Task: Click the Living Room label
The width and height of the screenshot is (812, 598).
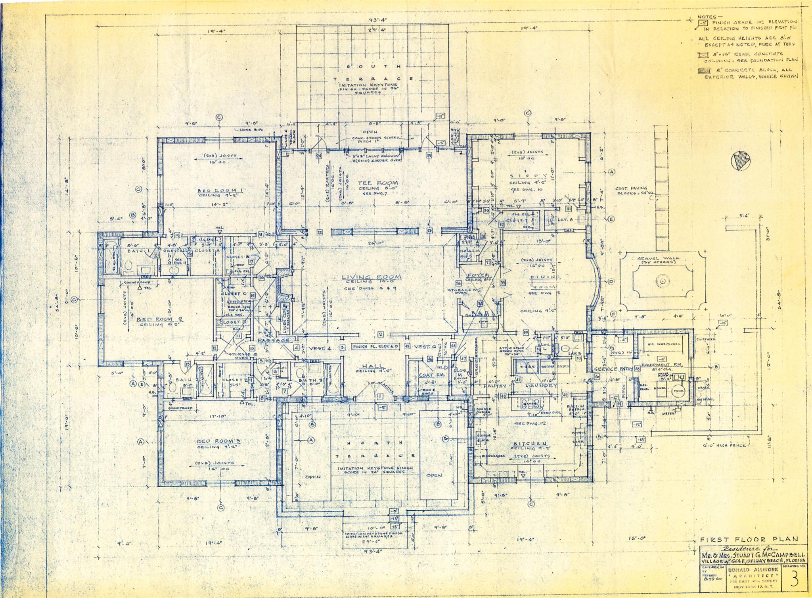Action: (372, 277)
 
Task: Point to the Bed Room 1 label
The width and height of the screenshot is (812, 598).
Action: (220, 191)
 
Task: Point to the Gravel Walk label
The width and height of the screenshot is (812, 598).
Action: (658, 258)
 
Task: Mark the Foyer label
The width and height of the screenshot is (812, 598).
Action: (478, 275)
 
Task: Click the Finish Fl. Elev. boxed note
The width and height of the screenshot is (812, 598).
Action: (375, 346)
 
